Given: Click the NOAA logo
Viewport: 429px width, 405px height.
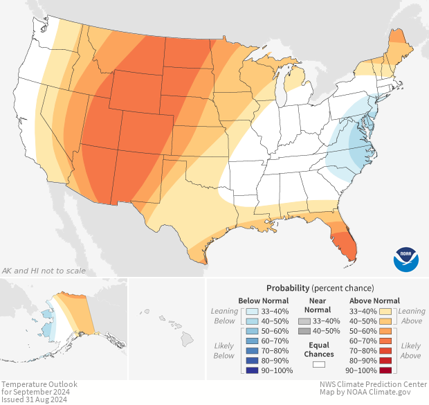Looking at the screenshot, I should point(406,258).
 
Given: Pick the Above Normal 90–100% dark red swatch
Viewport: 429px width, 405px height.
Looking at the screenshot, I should point(385,371).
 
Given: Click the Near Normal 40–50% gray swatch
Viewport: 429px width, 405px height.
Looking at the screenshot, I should point(304,332).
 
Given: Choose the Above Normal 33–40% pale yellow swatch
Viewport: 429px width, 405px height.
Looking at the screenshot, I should point(385,311).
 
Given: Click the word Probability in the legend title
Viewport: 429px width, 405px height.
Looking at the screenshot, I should point(287,287).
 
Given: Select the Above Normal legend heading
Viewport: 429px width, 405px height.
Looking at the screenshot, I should point(376,300).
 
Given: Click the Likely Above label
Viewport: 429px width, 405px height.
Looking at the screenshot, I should point(411,350).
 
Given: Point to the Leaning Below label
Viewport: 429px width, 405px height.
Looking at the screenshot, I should point(224,316).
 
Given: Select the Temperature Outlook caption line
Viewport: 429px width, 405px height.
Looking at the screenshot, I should point(39,384).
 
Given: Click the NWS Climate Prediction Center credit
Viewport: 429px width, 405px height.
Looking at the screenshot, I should point(373,384).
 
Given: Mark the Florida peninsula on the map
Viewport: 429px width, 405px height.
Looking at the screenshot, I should point(344,242).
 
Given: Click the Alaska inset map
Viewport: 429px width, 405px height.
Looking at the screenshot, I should point(66,318).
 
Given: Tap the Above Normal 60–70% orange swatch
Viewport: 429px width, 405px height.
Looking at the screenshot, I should point(385,341).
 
